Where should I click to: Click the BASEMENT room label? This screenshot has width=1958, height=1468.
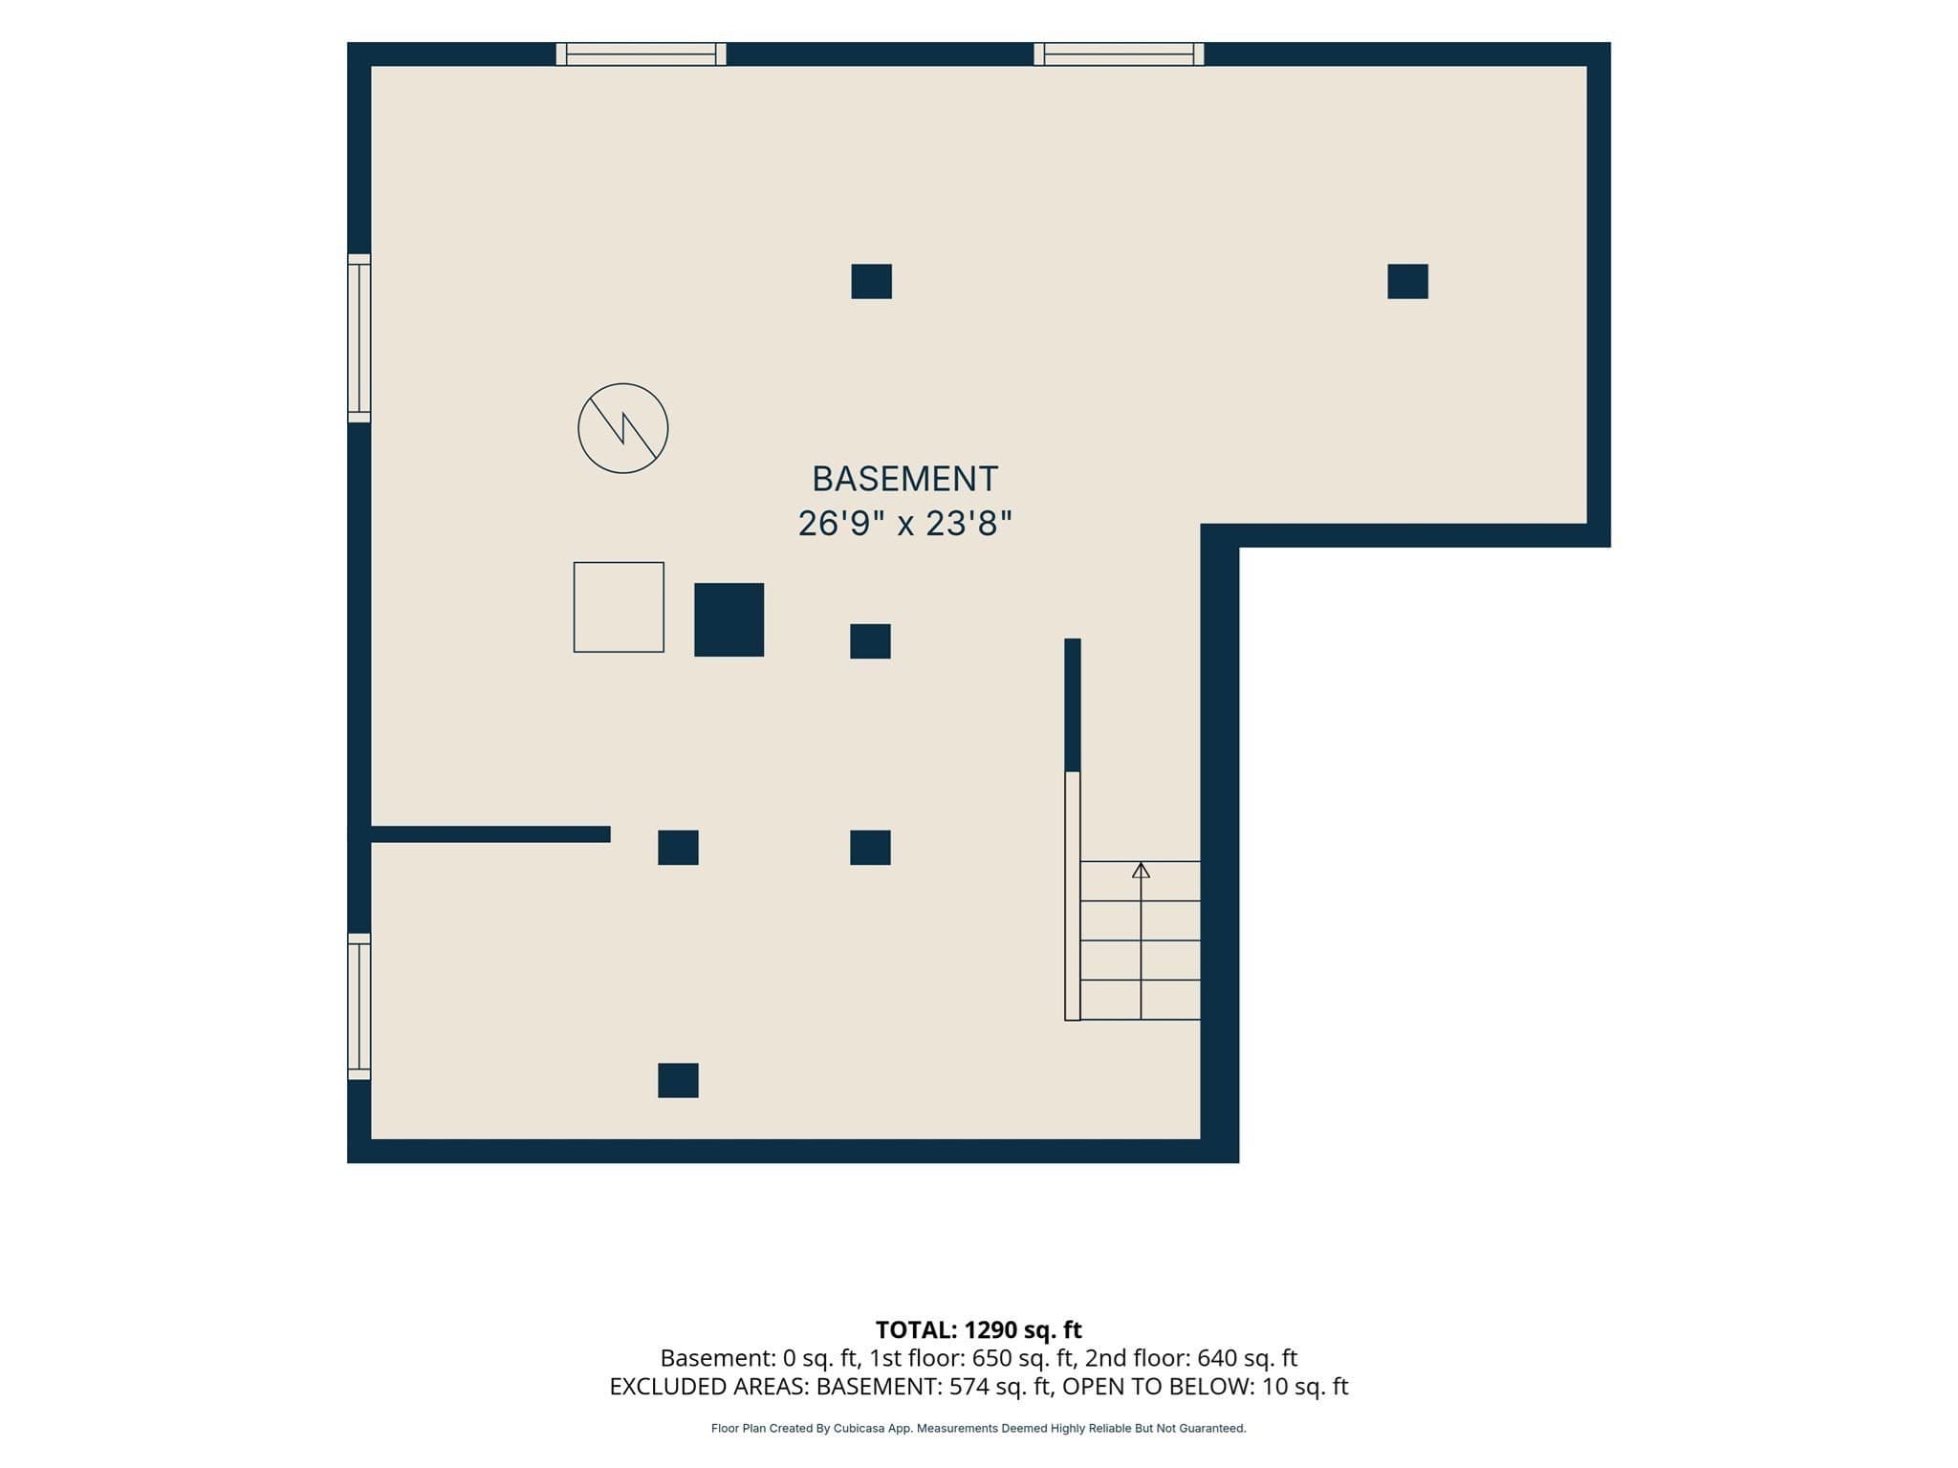[x=904, y=478]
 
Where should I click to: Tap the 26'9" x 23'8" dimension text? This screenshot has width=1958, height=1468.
[x=904, y=524]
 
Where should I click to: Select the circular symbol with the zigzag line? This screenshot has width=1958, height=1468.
[x=622, y=428]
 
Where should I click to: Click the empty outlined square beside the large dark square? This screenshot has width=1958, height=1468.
[x=619, y=607]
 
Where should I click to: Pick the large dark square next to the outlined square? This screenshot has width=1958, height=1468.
[x=729, y=619]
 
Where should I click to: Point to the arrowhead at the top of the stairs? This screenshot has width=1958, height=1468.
[x=1141, y=870]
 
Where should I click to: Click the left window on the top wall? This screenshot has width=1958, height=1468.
[x=641, y=54]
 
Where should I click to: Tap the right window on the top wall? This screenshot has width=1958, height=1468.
[x=1119, y=54]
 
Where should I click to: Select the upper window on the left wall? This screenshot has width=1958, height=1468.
[x=359, y=338]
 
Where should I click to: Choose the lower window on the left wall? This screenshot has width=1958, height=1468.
[x=359, y=1006]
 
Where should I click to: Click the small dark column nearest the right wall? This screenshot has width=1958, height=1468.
[x=1407, y=281]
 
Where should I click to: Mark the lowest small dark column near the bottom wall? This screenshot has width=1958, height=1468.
[x=678, y=1080]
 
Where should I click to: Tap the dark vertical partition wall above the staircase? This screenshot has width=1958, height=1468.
[x=1073, y=704]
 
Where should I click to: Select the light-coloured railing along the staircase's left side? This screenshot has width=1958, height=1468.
[x=1073, y=896]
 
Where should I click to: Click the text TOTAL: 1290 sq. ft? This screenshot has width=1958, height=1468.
[x=978, y=1329]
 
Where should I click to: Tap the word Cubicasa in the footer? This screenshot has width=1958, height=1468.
[x=857, y=1429]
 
